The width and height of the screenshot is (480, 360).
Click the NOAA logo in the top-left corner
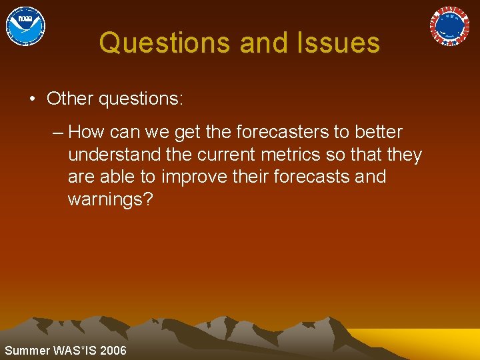[25, 25]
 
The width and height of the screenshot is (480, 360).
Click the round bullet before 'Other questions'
[32, 99]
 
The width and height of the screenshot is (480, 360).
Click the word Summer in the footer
[26, 351]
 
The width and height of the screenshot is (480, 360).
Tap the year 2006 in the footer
[113, 351]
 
